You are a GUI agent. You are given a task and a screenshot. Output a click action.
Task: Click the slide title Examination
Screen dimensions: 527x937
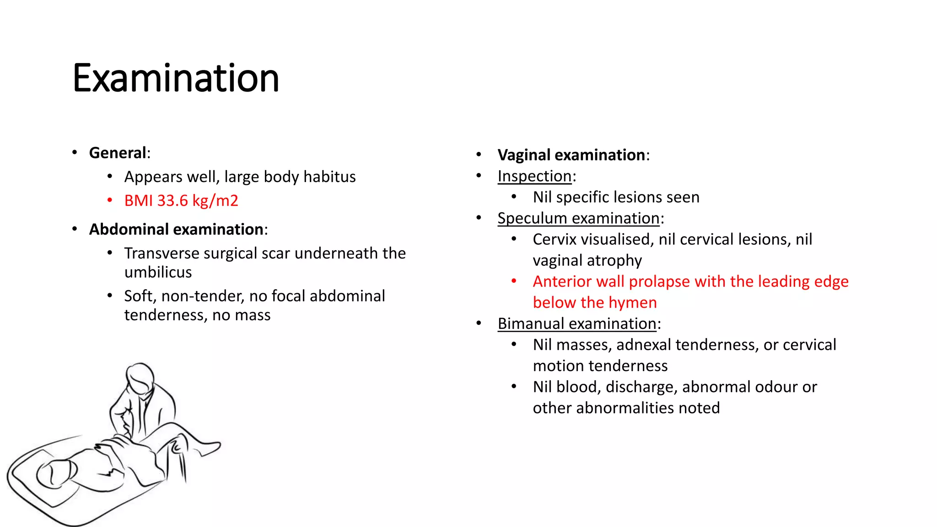[x=176, y=79]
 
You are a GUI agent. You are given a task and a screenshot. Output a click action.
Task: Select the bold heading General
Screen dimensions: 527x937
[x=118, y=153]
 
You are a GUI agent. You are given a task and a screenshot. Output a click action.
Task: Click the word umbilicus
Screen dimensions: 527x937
[x=158, y=272]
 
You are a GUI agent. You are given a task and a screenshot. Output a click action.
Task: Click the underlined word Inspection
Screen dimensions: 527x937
[x=534, y=176]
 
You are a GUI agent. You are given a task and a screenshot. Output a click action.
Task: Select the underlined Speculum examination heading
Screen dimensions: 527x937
[x=578, y=218]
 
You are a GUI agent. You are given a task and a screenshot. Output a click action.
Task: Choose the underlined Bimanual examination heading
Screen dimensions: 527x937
[x=577, y=324]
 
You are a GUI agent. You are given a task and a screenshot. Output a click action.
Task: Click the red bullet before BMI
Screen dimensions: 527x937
[x=110, y=200]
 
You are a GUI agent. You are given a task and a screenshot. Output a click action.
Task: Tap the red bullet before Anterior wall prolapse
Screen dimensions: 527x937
[x=514, y=281]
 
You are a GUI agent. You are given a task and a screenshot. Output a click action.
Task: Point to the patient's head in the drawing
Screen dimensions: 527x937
[x=55, y=473]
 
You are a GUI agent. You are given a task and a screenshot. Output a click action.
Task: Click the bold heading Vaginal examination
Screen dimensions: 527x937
[x=571, y=155]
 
